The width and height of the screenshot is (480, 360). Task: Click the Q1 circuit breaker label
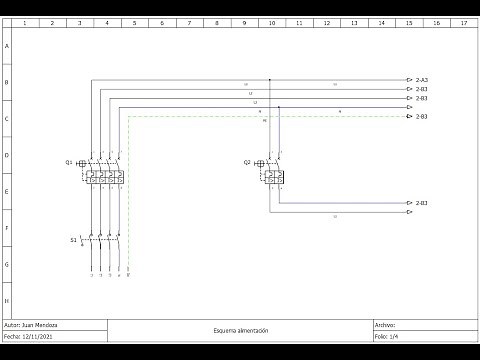tap(69, 162)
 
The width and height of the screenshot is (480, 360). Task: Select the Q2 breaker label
tap(247, 162)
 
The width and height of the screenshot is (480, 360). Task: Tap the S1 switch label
tap(73, 240)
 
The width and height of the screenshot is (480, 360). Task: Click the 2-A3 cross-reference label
tap(422, 80)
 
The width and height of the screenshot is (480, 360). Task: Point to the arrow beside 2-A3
tap(409, 80)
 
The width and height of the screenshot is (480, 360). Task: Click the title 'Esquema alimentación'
tap(240, 330)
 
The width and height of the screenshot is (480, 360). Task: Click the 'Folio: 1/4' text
tap(386, 336)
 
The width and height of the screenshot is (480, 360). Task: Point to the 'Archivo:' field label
tap(385, 325)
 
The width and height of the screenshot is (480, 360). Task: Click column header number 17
tap(462, 21)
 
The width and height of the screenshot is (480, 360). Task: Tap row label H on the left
tap(7, 300)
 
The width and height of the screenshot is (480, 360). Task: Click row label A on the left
tap(7, 46)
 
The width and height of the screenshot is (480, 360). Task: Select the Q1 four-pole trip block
tap(105, 176)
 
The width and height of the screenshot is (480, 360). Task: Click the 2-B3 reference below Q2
tap(422, 203)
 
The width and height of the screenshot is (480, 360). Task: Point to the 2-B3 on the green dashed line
tap(422, 117)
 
